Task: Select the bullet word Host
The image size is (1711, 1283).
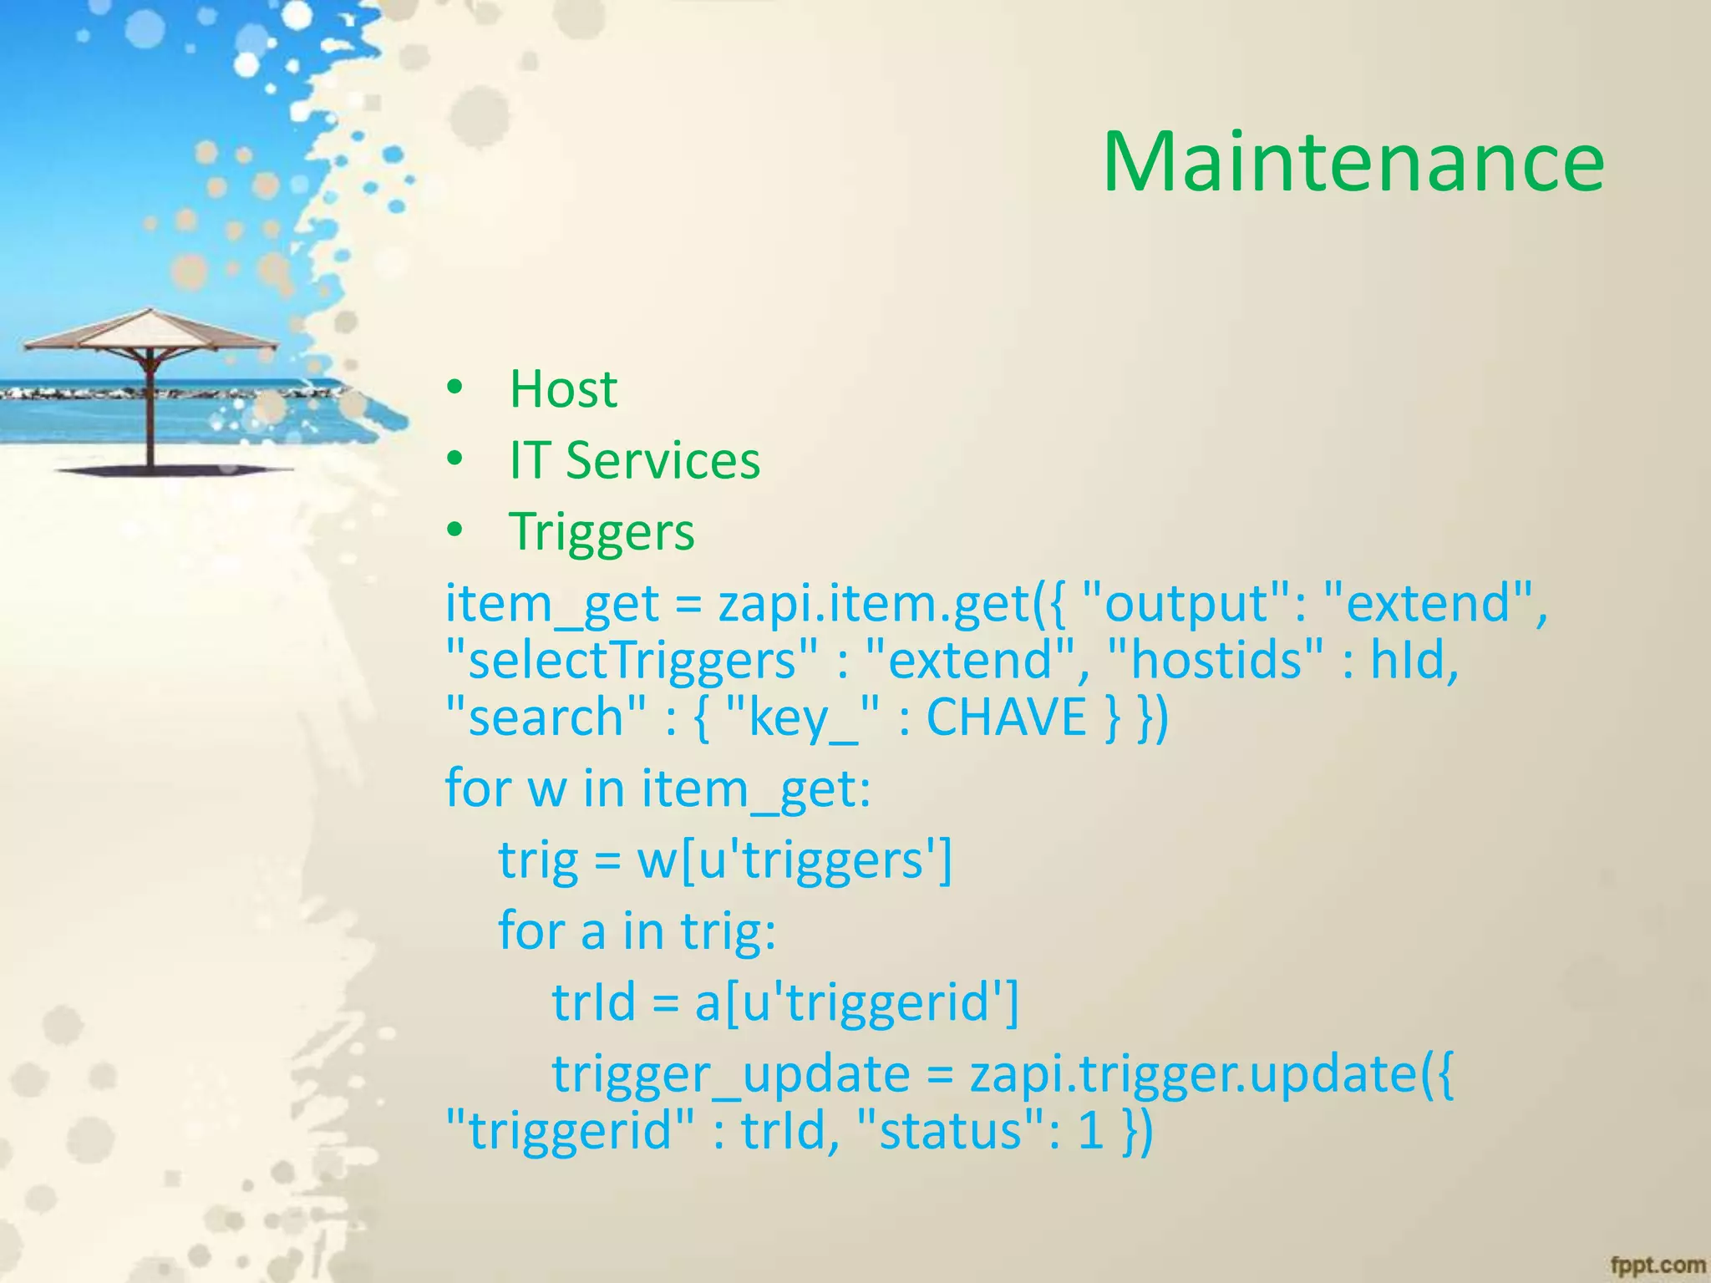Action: pyautogui.click(x=563, y=389)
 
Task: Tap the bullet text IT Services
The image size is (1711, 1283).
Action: pyautogui.click(x=635, y=460)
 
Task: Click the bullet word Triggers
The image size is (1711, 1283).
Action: pyautogui.click(x=602, y=532)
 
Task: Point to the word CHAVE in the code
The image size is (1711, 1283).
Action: pyautogui.click(x=1006, y=717)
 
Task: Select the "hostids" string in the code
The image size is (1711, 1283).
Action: pyautogui.click(x=1215, y=660)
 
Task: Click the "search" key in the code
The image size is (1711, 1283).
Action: pyautogui.click(x=546, y=717)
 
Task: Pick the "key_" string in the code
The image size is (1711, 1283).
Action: pyautogui.click(x=803, y=717)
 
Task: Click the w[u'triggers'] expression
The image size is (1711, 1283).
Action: pyautogui.click(x=795, y=860)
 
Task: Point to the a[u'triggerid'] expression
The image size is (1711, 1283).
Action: pyautogui.click(x=857, y=1002)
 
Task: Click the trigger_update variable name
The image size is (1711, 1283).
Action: pyautogui.click(x=730, y=1074)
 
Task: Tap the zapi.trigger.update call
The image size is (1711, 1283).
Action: pyautogui.click(x=1211, y=1074)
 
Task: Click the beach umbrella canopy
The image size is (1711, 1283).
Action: pyautogui.click(x=150, y=331)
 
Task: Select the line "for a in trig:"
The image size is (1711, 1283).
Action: pyautogui.click(x=637, y=931)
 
